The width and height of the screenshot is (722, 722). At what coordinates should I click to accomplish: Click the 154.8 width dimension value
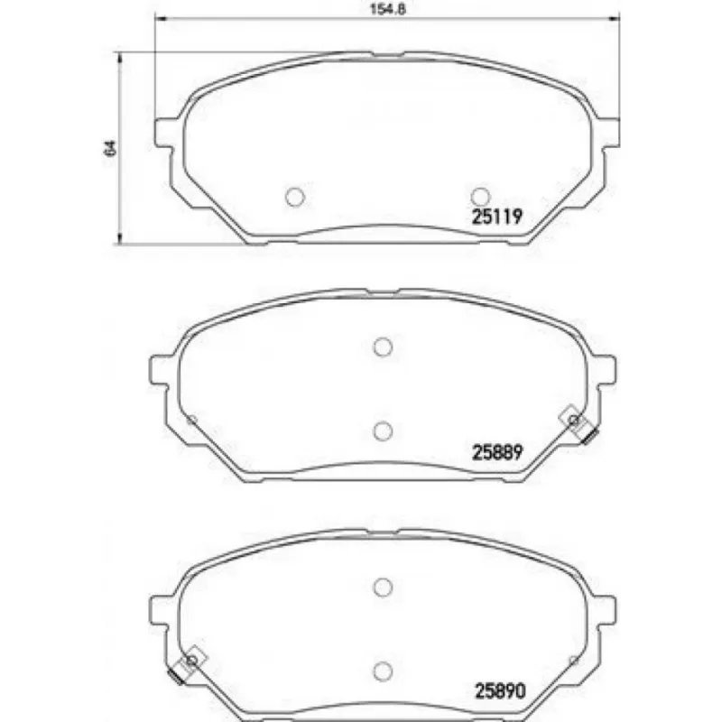pyautogui.click(x=388, y=9)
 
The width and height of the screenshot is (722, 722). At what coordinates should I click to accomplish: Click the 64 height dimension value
pyautogui.click(x=110, y=147)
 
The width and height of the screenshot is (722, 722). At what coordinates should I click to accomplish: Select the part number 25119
pyautogui.click(x=497, y=216)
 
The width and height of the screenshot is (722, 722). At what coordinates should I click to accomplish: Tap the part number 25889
pyautogui.click(x=497, y=452)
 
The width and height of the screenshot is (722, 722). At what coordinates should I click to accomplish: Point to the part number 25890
pyautogui.click(x=500, y=690)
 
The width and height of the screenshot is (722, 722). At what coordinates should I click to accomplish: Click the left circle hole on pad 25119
pyautogui.click(x=295, y=197)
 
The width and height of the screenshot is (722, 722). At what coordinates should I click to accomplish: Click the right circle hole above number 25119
pyautogui.click(x=480, y=197)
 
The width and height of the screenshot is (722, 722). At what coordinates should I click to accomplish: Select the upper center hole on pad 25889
pyautogui.click(x=383, y=347)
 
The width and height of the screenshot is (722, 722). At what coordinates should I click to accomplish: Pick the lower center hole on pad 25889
pyautogui.click(x=383, y=431)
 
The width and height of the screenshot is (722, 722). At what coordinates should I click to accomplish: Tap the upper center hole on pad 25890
pyautogui.click(x=382, y=588)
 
